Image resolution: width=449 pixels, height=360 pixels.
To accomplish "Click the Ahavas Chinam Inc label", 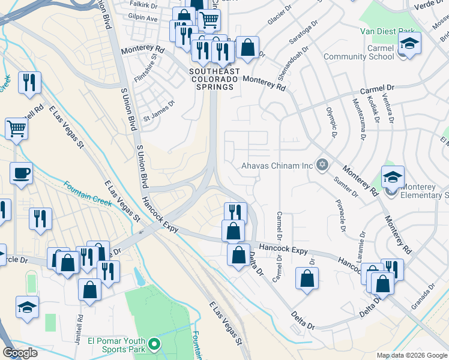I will pos(277,165).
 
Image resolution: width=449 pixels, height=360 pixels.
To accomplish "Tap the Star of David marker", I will pos(322,164).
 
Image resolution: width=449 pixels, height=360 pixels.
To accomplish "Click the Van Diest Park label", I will pos(388,31).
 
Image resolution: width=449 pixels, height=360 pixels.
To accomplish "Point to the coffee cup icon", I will pos(21,174).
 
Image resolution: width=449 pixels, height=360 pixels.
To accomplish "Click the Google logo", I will pos(20,353).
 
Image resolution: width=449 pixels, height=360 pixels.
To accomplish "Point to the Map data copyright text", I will pos(412,355).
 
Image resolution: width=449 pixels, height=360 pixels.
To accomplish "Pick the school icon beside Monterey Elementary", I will pos(393,177).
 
